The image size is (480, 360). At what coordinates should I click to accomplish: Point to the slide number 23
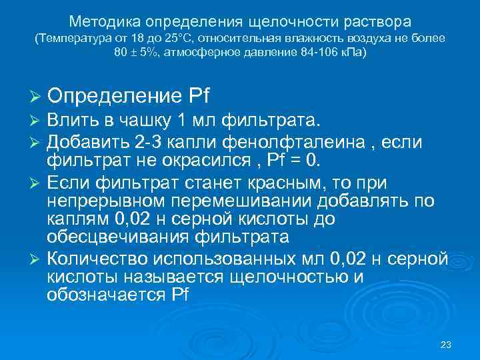[447, 345]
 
